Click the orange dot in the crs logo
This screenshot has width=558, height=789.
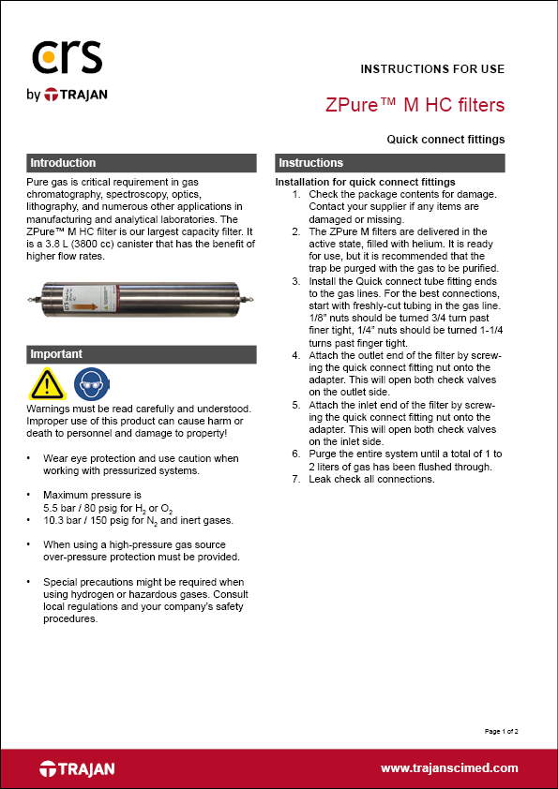(47, 58)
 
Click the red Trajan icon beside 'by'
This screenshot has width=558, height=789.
(51, 95)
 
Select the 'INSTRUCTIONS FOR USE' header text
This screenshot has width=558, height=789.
(432, 69)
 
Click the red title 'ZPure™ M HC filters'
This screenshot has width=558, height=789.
(415, 105)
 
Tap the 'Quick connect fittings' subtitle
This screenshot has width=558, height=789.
(445, 140)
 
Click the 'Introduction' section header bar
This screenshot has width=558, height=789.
(142, 163)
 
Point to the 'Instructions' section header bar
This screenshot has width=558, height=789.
(390, 163)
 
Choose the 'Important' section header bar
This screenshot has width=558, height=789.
(142, 354)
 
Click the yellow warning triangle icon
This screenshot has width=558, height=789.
(47, 385)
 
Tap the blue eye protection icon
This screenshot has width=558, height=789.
(92, 384)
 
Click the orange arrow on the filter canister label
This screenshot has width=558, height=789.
(85, 305)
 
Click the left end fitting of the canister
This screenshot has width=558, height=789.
(35, 299)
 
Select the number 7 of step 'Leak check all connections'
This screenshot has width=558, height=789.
(295, 479)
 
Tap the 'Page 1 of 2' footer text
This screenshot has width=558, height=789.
(501, 731)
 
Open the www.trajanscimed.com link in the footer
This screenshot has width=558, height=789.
(449, 768)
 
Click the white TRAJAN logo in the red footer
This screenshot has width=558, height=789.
(77, 769)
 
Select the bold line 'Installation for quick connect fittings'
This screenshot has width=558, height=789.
(365, 182)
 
